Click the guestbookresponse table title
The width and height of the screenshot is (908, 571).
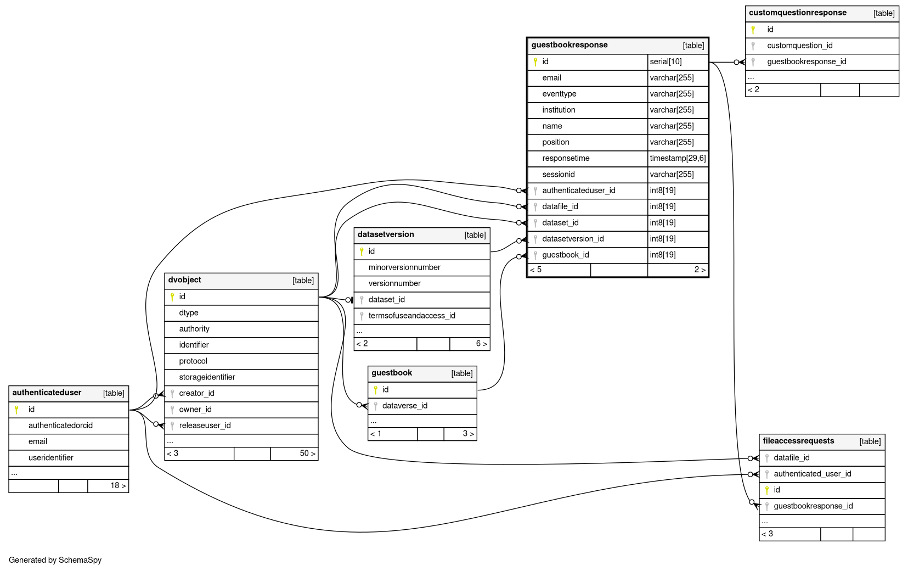(x=569, y=45)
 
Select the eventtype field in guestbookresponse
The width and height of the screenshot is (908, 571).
(x=559, y=94)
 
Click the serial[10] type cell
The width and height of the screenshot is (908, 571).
(x=666, y=61)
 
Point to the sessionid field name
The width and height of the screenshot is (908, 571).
(x=559, y=175)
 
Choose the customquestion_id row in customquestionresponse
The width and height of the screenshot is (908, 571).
(x=799, y=46)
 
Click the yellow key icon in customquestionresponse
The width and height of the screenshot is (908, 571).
(x=753, y=30)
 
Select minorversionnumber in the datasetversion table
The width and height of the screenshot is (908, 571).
(x=404, y=267)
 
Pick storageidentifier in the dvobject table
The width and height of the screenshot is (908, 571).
(x=207, y=377)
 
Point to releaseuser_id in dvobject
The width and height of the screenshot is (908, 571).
(x=205, y=426)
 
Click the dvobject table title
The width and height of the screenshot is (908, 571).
(x=184, y=280)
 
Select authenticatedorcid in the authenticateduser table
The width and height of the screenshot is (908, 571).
(x=60, y=426)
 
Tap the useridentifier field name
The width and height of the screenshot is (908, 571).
(x=51, y=458)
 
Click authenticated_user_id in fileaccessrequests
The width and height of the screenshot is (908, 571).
(x=812, y=474)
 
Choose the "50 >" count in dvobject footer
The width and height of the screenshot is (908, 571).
(x=307, y=454)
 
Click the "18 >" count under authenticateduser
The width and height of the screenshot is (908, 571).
(x=118, y=485)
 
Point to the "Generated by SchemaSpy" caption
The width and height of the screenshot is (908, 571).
(x=55, y=560)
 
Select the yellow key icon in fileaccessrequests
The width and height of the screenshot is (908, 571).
(x=767, y=490)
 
